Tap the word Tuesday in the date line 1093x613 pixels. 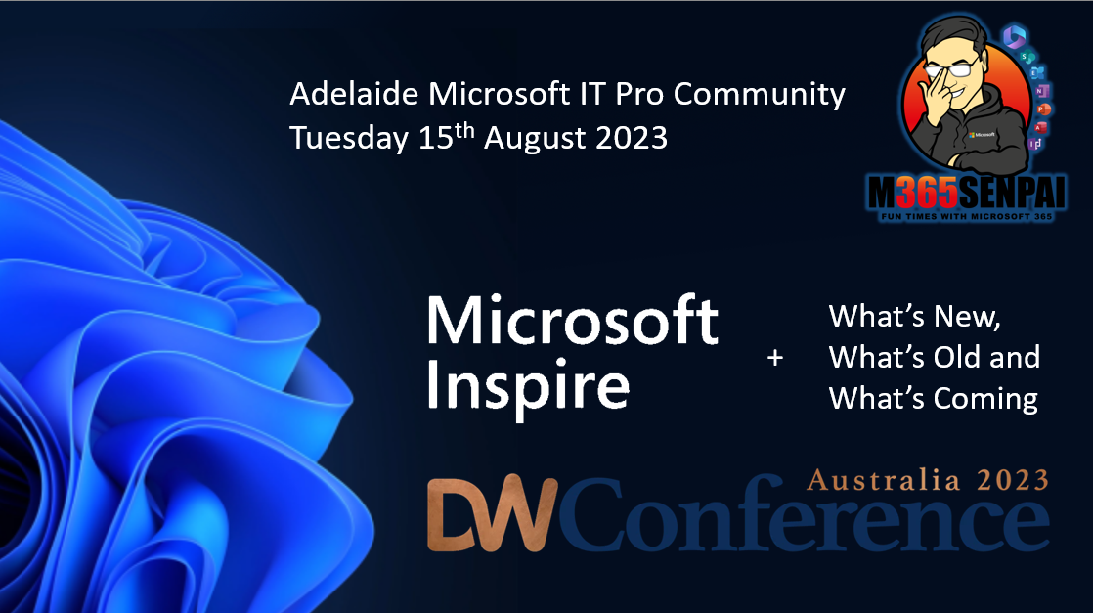pyautogui.click(x=349, y=138)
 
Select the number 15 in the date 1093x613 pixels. pyautogui.click(x=436, y=138)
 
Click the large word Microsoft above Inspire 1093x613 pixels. pyautogui.click(x=572, y=320)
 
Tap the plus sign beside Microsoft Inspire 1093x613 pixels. pyautogui.click(x=775, y=358)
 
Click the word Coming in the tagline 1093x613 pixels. pyautogui.click(x=985, y=400)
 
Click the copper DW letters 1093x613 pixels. pyautogui.click(x=492, y=514)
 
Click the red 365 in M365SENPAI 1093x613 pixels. pyautogui.click(x=926, y=192)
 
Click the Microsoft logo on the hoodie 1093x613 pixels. pyautogui.click(x=983, y=135)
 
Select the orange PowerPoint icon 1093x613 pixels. pyautogui.click(x=1043, y=109)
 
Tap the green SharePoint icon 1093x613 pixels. pyautogui.click(x=1027, y=56)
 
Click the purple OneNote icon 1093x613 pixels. pyautogui.click(x=1041, y=91)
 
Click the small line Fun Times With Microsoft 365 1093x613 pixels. pyautogui.click(x=967, y=216)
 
